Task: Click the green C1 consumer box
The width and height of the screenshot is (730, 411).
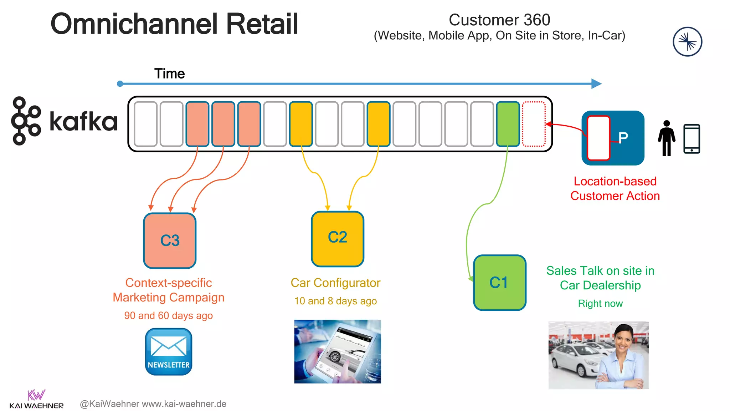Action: point(500,283)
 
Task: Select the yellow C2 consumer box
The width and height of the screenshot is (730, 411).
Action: point(338,239)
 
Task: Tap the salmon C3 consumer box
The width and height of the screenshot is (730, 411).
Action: point(170,240)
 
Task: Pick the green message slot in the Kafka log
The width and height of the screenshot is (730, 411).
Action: point(508,124)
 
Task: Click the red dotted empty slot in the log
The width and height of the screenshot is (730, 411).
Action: point(534,124)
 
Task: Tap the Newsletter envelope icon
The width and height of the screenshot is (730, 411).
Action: point(169,351)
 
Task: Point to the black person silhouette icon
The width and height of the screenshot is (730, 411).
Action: point(666,138)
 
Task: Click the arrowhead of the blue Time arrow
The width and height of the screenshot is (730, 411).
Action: point(596,84)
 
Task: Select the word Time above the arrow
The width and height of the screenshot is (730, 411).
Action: point(169,73)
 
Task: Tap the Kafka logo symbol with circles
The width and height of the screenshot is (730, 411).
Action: point(26,121)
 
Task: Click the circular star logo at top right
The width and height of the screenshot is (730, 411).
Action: point(687,42)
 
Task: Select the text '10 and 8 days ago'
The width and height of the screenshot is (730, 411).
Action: point(335,301)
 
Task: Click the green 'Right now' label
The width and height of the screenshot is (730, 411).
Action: point(600,303)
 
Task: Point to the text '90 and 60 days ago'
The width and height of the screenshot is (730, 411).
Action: point(168,315)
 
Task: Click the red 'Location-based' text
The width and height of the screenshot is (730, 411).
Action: point(615,181)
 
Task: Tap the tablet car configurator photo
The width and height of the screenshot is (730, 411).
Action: point(337,351)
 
